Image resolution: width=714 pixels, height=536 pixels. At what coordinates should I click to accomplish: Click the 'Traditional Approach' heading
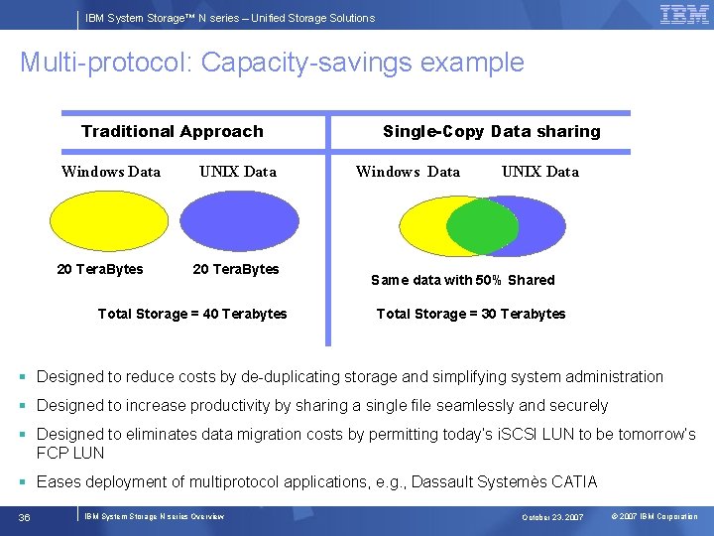tap(173, 131)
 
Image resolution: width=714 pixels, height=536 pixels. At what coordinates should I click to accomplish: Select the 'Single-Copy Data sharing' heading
tap(492, 131)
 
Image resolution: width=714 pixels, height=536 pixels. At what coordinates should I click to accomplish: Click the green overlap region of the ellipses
tap(482, 227)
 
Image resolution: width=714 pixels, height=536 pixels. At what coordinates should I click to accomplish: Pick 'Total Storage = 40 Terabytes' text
tap(192, 314)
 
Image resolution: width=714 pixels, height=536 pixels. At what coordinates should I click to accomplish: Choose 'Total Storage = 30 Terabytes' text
tap(471, 314)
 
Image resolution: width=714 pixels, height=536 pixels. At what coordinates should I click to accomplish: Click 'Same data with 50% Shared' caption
tap(463, 280)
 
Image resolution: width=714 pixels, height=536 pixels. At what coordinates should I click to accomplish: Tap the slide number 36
tap(25, 516)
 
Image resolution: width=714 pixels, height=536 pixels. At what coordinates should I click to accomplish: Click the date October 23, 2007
tap(554, 517)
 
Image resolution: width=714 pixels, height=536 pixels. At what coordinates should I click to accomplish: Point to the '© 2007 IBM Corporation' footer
tap(654, 517)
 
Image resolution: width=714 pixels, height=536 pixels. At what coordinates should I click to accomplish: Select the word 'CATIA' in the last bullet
tap(574, 482)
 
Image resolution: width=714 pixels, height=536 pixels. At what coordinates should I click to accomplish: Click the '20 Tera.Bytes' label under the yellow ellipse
tap(100, 269)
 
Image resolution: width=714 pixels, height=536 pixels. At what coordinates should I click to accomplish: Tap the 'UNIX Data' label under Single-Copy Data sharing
tap(540, 172)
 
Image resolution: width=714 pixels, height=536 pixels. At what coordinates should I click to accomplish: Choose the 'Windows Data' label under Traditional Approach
tap(111, 172)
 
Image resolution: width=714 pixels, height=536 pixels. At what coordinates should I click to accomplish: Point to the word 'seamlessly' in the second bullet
tap(477, 406)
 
